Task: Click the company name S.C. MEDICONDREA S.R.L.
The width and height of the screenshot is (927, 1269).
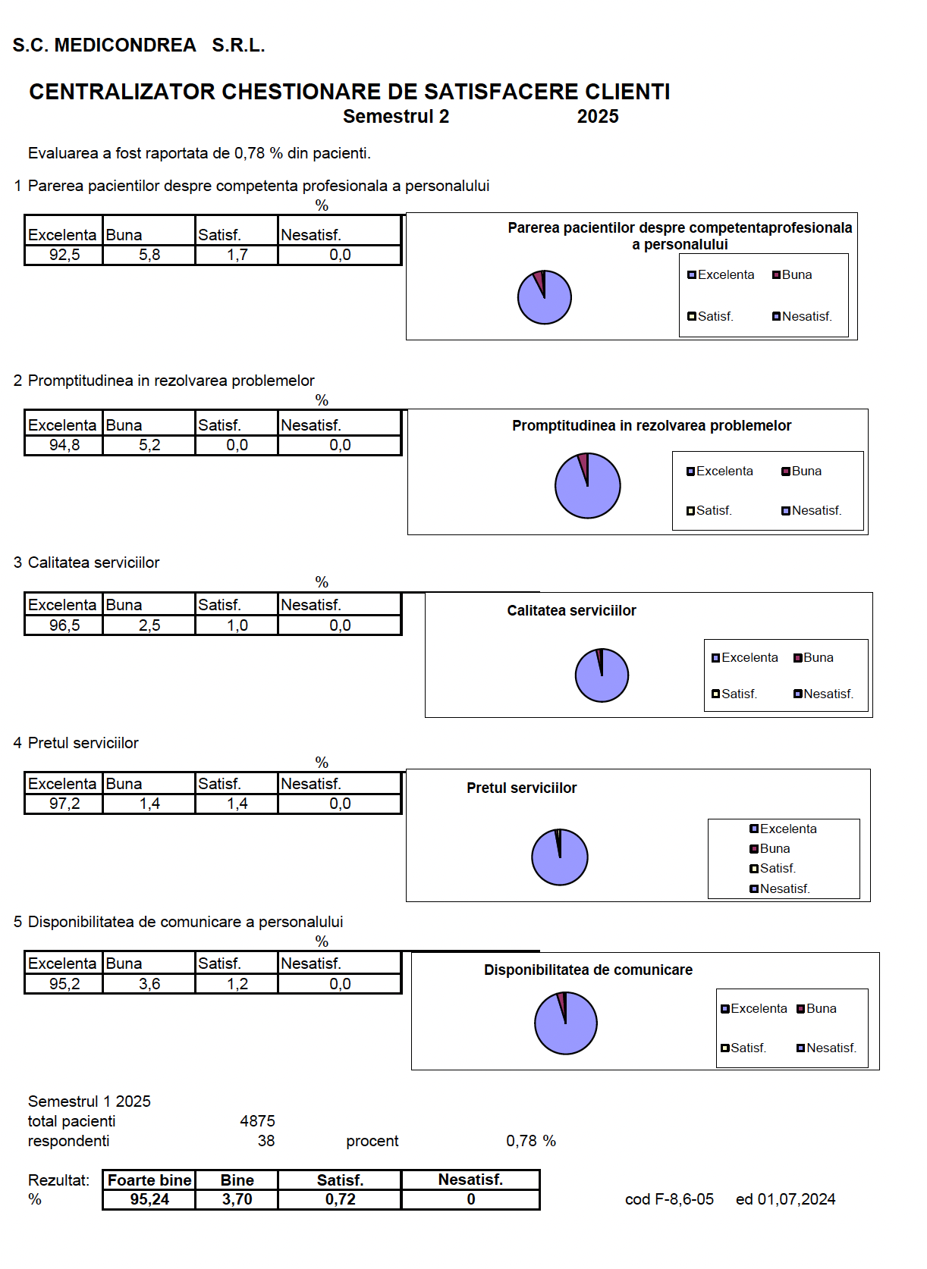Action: [138, 45]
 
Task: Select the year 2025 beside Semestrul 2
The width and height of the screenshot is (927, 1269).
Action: [598, 116]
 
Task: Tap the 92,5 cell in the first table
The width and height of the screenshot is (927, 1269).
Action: [64, 255]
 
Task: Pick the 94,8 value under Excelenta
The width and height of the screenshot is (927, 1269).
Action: [64, 445]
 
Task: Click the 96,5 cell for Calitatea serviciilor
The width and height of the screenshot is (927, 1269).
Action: [64, 625]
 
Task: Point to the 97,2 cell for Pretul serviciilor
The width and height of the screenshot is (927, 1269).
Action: [64, 804]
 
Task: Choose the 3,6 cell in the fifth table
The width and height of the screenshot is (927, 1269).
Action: [149, 984]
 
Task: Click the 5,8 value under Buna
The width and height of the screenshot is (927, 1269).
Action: [149, 255]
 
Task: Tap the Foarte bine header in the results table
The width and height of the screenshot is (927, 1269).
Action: [149, 1180]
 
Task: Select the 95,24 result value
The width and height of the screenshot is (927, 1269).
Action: [149, 1199]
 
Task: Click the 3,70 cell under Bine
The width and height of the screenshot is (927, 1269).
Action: [237, 1199]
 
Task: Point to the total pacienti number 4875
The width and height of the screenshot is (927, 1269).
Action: [257, 1121]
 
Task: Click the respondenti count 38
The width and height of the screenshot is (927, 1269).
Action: [266, 1140]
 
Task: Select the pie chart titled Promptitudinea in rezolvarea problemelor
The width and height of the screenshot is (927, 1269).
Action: [587, 485]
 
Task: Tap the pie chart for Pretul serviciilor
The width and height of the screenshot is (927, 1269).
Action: [560, 857]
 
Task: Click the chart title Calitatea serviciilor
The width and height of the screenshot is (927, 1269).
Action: [571, 611]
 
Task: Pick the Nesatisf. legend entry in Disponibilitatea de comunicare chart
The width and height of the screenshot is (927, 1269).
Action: [826, 1048]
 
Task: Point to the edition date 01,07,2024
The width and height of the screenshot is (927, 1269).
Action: [796, 1199]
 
